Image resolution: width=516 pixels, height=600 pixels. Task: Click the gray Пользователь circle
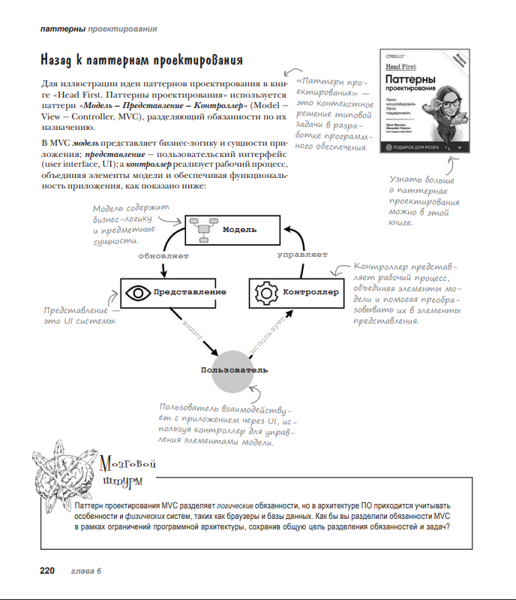click(234, 370)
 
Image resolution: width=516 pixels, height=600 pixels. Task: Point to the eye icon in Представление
click(137, 292)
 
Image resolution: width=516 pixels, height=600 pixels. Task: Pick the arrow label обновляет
click(163, 255)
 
